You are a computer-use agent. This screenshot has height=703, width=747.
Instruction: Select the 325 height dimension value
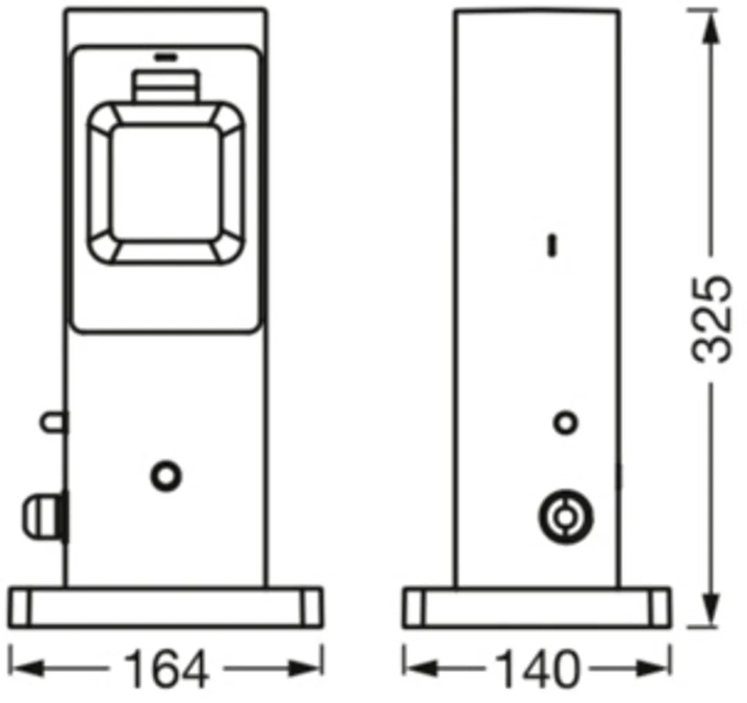[710, 318]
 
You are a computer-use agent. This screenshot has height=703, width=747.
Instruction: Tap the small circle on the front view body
[166, 475]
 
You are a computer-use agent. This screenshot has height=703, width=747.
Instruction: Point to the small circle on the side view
[566, 423]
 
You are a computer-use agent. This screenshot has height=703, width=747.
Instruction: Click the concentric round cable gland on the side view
[566, 517]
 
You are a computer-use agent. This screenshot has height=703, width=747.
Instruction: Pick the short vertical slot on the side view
[553, 245]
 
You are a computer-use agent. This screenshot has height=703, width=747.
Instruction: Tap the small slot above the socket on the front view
[165, 57]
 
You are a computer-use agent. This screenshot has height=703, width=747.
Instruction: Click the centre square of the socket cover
[166, 183]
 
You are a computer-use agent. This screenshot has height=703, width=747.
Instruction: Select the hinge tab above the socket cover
[166, 86]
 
